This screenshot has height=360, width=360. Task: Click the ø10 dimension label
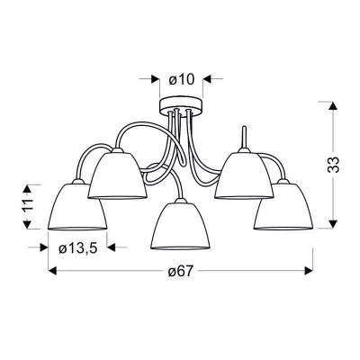click(x=181, y=80)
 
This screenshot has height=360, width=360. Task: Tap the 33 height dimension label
click(x=333, y=165)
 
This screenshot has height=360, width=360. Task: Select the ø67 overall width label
click(x=180, y=272)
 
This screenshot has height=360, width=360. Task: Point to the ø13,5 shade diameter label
click(x=77, y=248)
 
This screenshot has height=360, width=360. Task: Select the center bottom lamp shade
click(x=181, y=226)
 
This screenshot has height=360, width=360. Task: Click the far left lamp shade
click(x=77, y=206)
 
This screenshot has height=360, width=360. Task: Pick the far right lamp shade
click(x=283, y=206)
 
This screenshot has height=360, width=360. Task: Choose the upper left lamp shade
click(x=117, y=175)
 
